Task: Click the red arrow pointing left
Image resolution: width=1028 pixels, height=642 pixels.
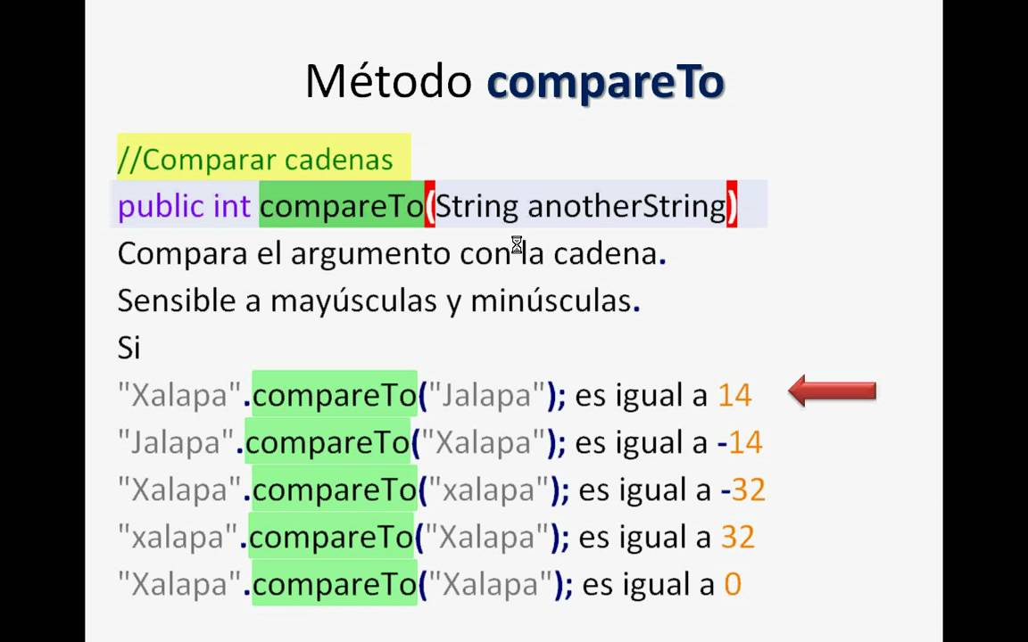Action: click(832, 391)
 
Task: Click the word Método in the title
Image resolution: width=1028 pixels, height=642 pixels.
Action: click(387, 82)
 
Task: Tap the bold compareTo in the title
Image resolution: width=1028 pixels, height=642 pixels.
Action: click(605, 82)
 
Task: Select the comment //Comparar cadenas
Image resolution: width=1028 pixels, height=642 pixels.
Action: click(255, 160)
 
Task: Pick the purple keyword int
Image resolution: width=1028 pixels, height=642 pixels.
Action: click(232, 207)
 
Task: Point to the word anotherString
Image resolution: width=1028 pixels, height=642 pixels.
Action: click(626, 207)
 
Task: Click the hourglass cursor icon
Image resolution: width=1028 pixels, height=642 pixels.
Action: click(517, 245)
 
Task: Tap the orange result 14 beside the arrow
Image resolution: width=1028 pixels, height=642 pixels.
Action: click(734, 395)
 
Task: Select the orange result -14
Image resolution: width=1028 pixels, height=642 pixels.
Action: click(740, 442)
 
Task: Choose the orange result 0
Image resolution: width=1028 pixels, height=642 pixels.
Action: click(732, 584)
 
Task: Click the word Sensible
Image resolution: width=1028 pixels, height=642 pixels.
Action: click(177, 300)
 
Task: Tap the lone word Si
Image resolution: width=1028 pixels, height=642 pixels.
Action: click(128, 348)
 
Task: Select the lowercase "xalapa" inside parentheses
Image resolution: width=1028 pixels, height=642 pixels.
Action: click(486, 490)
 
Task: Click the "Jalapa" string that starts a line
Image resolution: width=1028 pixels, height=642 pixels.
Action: click(176, 442)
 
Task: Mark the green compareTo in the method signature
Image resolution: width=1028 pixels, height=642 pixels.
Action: click(341, 207)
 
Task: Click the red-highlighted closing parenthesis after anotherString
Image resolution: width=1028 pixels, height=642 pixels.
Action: click(732, 207)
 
